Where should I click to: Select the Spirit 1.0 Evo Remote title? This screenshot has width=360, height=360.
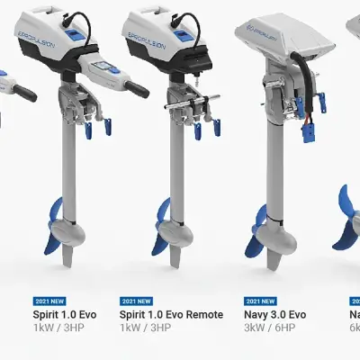[x=171, y=315]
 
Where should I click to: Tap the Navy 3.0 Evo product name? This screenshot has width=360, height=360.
[x=274, y=315]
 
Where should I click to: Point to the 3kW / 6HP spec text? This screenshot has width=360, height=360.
[x=269, y=329]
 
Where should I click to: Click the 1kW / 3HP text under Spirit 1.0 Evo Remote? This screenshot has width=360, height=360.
[x=145, y=329]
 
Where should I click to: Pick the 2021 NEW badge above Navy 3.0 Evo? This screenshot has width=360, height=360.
[x=260, y=301]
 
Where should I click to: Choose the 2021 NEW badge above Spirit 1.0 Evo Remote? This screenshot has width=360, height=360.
[x=137, y=301]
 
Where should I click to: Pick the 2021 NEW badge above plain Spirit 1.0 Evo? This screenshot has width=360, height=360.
[x=49, y=301]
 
